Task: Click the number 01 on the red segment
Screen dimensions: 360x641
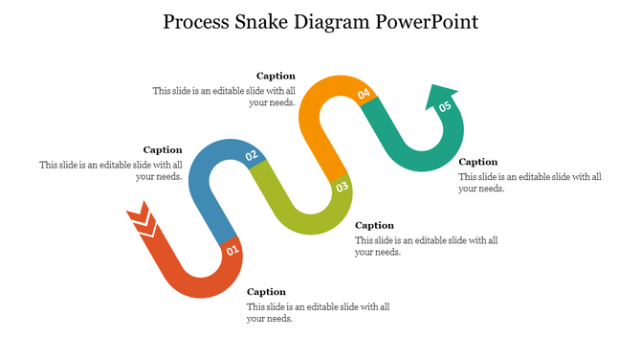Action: tap(232, 252)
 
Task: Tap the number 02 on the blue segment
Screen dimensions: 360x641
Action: tap(252, 155)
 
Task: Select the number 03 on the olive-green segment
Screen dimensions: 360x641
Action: tap(343, 188)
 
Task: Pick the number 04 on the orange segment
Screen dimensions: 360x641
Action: tap(364, 94)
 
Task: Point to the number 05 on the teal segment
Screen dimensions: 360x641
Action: tap(445, 107)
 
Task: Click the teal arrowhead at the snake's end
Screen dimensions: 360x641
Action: tap(441, 94)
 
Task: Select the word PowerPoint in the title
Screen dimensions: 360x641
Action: tap(431, 21)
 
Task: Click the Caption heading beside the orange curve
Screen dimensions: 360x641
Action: tap(276, 76)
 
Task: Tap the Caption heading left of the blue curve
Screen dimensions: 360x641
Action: tap(163, 149)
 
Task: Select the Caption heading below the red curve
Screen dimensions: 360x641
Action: tap(266, 292)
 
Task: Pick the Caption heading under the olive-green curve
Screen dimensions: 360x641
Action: tap(374, 225)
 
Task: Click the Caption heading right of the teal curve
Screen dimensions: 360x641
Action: tap(478, 162)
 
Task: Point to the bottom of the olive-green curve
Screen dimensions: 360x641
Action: tap(316, 227)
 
